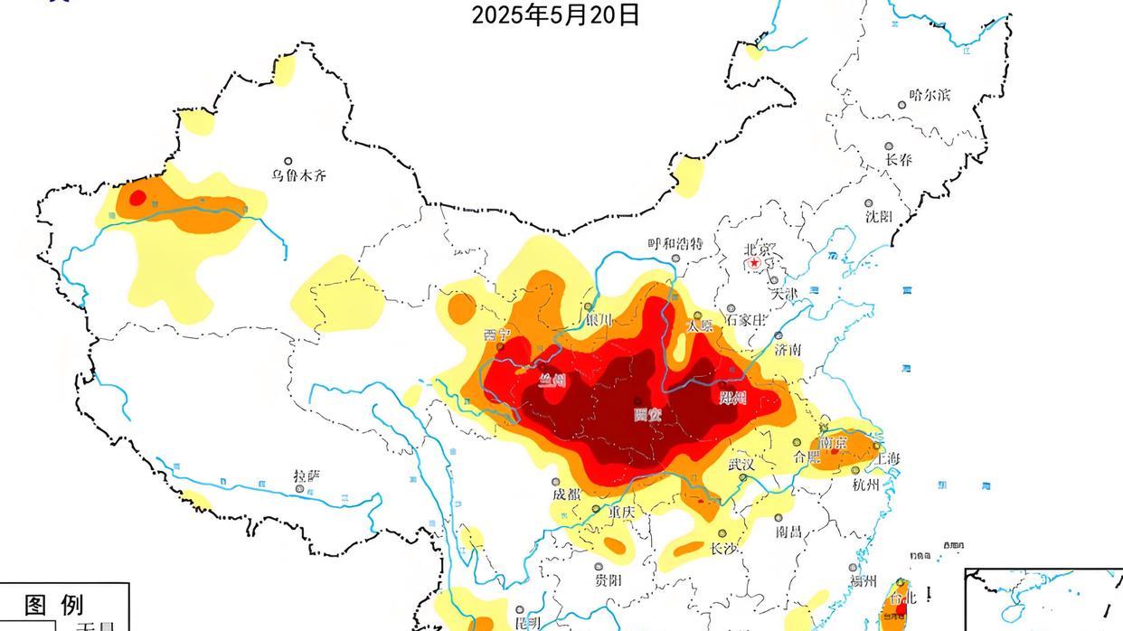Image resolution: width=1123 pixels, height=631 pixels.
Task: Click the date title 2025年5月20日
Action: (x=555, y=14)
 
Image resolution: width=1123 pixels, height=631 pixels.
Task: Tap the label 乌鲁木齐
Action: (x=298, y=175)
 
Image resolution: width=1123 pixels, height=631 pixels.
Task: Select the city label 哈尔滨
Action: (x=930, y=95)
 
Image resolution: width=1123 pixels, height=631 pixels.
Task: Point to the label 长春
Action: (x=899, y=160)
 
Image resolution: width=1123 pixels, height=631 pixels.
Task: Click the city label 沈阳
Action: (x=878, y=216)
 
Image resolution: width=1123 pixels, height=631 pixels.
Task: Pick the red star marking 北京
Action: (x=755, y=263)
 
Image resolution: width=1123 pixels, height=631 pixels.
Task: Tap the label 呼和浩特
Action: (x=675, y=244)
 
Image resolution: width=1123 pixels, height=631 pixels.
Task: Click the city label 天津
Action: (x=785, y=294)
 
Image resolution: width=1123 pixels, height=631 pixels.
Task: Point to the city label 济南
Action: (x=787, y=349)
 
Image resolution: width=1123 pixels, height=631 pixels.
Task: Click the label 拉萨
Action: (x=307, y=476)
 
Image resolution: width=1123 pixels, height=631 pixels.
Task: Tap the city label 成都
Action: (x=566, y=494)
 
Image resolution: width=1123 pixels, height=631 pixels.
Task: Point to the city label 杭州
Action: (x=865, y=485)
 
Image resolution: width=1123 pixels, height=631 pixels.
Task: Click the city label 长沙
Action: (x=723, y=549)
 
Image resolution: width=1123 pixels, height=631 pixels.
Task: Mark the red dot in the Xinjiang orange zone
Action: (x=137, y=198)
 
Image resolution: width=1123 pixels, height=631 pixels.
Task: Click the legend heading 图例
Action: (x=53, y=604)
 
